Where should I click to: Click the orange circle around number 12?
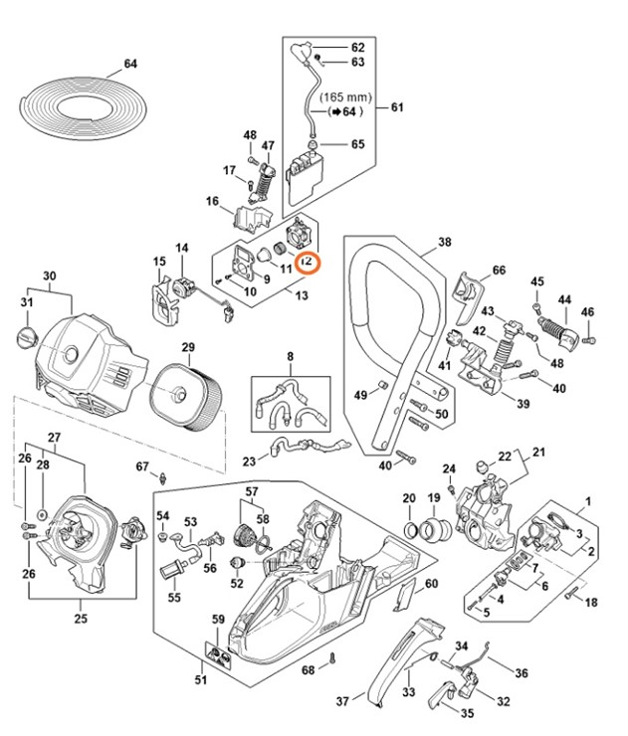[x=308, y=263]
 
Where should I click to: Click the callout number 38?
[x=444, y=242]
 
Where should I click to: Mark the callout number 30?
[x=50, y=276]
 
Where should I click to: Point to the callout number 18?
[x=591, y=603]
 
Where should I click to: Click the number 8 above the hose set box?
[x=291, y=355]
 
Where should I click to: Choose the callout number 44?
[x=564, y=298]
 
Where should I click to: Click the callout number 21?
[x=540, y=454]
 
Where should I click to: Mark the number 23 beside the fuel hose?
[x=249, y=460]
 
